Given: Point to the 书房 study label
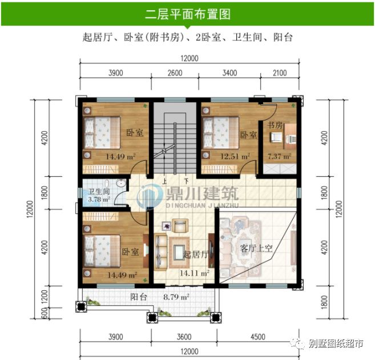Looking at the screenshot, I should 275,125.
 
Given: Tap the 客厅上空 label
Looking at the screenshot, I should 256,249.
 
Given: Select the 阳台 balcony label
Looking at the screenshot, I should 138,297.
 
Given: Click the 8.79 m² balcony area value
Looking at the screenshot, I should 176,297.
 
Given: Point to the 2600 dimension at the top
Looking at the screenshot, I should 175,73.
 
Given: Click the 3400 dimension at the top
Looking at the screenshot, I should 230,73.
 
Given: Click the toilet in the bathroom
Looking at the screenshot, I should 120,184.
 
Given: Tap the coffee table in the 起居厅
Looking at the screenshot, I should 178,249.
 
